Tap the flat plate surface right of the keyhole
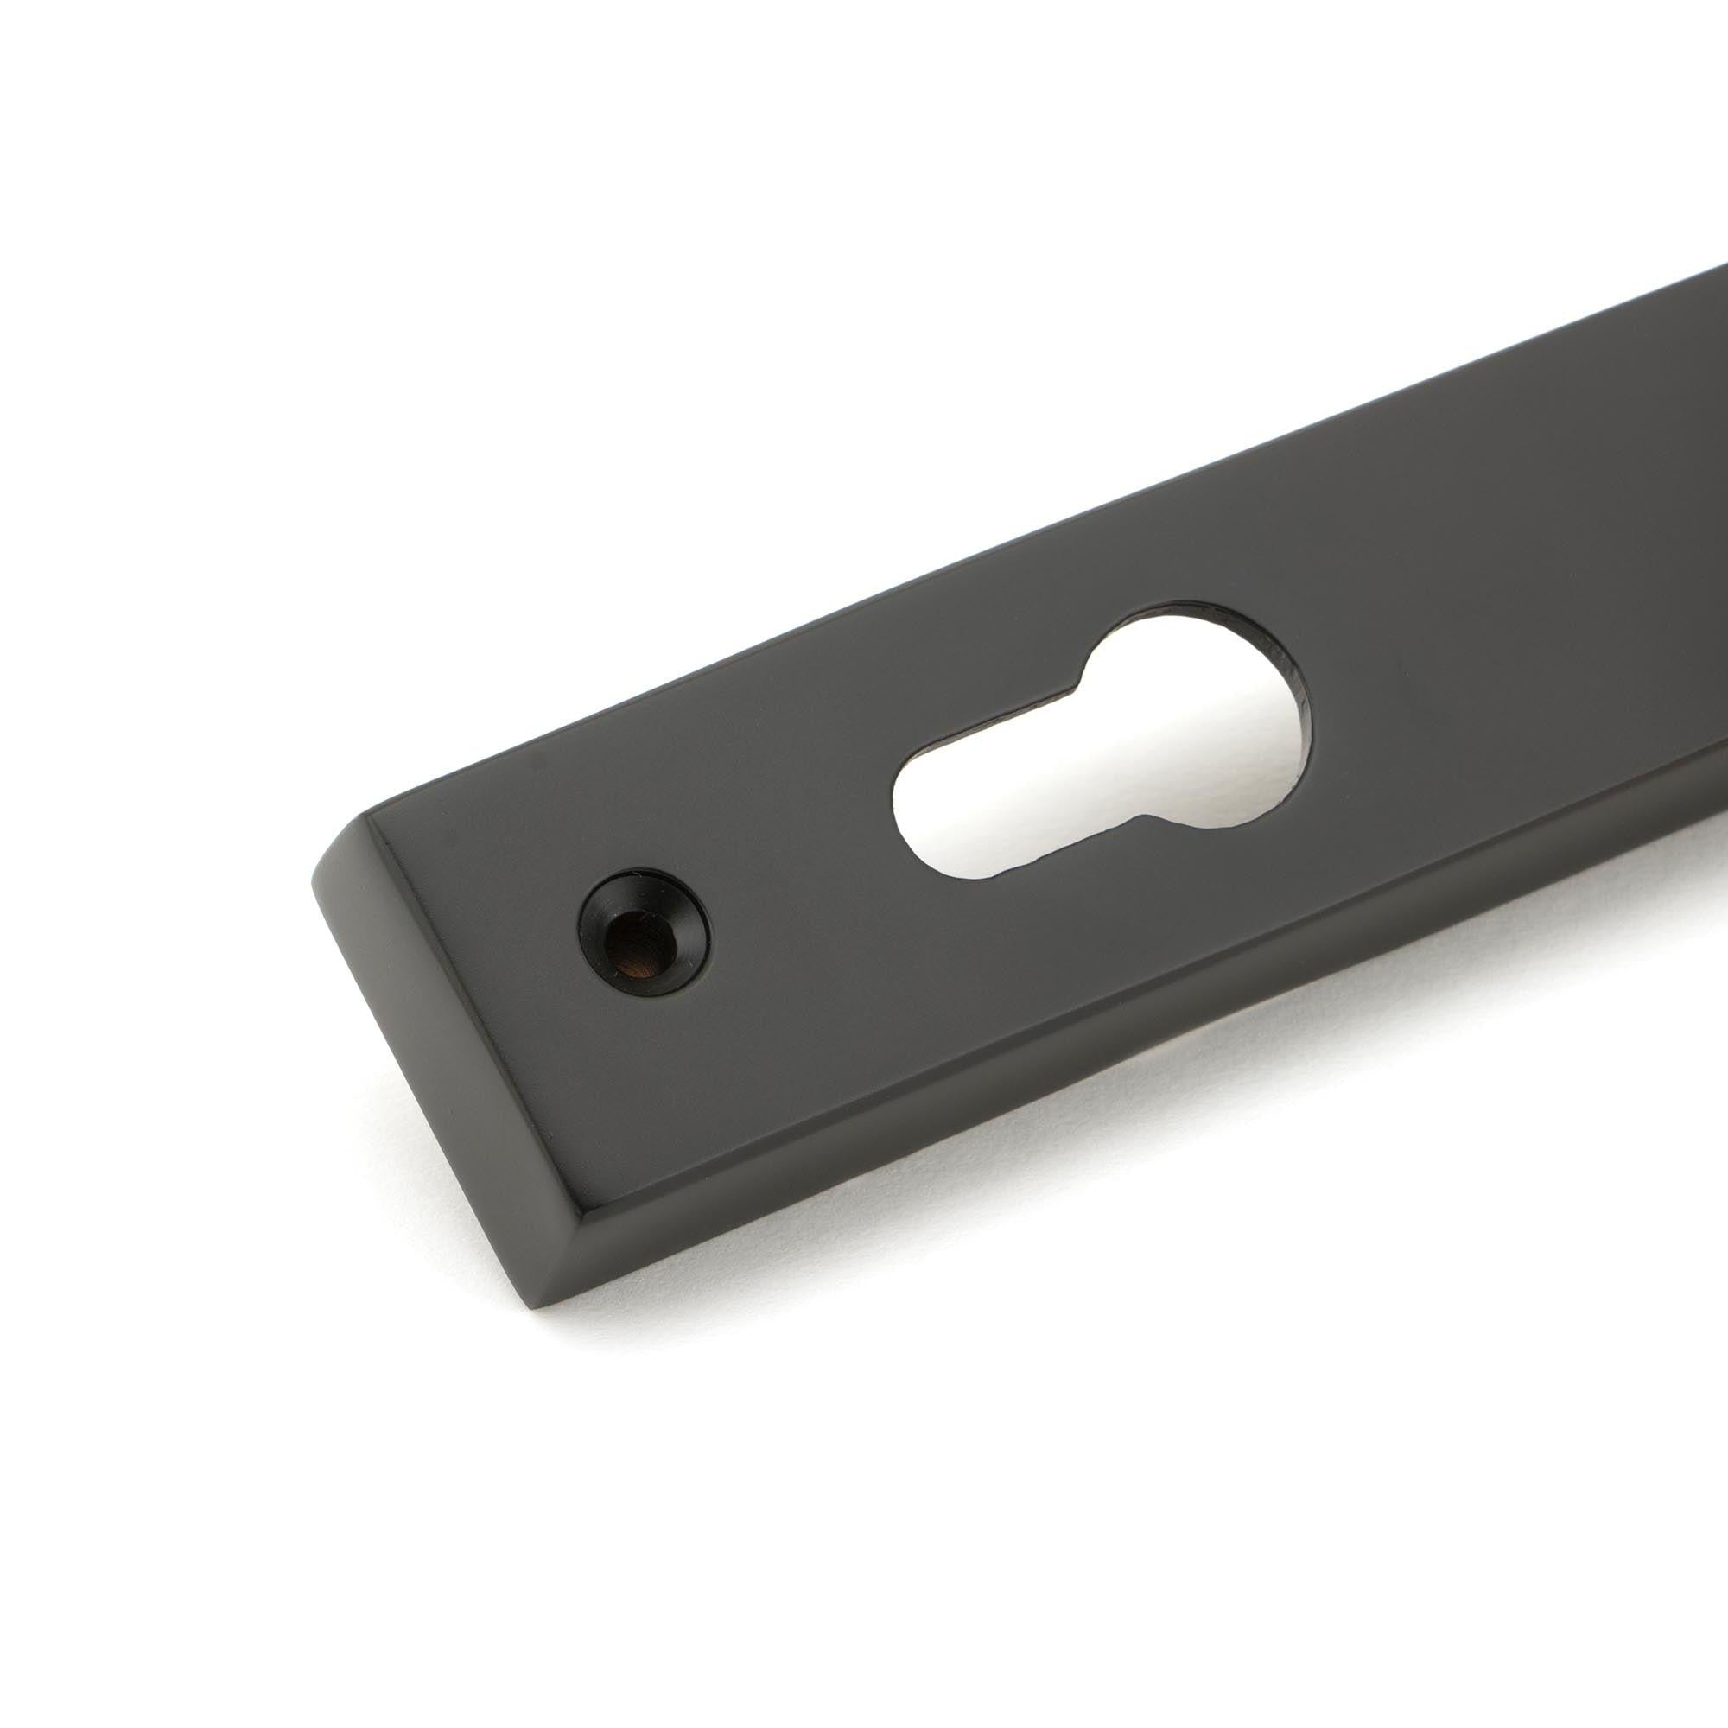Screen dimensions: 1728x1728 pos(1476,626)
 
